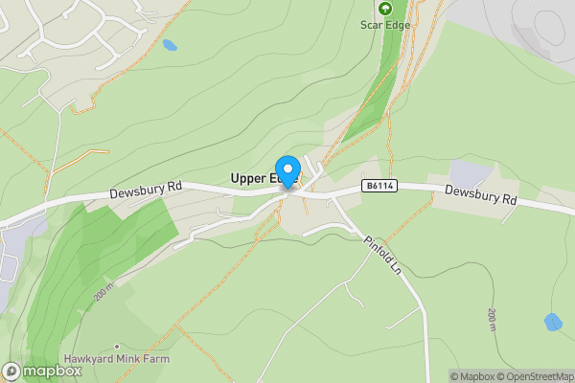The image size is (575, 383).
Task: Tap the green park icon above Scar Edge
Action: (385, 8)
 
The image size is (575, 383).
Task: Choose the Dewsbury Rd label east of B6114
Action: (481, 195)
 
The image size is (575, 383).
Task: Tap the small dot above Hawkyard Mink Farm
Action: (117, 346)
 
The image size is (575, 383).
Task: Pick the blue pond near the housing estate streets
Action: (170, 45)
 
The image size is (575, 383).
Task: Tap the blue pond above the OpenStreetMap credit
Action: (553, 322)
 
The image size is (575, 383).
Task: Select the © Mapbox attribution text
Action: (471, 376)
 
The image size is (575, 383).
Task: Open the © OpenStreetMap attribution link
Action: (535, 376)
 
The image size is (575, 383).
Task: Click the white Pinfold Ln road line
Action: (408, 287)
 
